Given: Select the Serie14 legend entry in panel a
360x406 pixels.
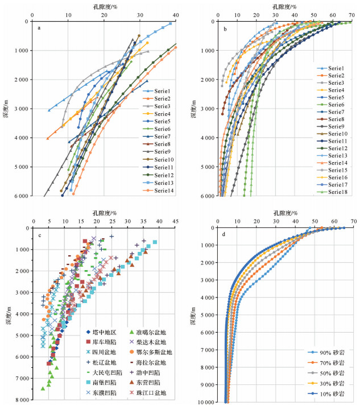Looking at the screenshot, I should tap(160, 190).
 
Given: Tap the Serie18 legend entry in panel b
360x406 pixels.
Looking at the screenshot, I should tap(337, 192).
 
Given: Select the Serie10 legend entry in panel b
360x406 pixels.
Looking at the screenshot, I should tap(337, 134).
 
